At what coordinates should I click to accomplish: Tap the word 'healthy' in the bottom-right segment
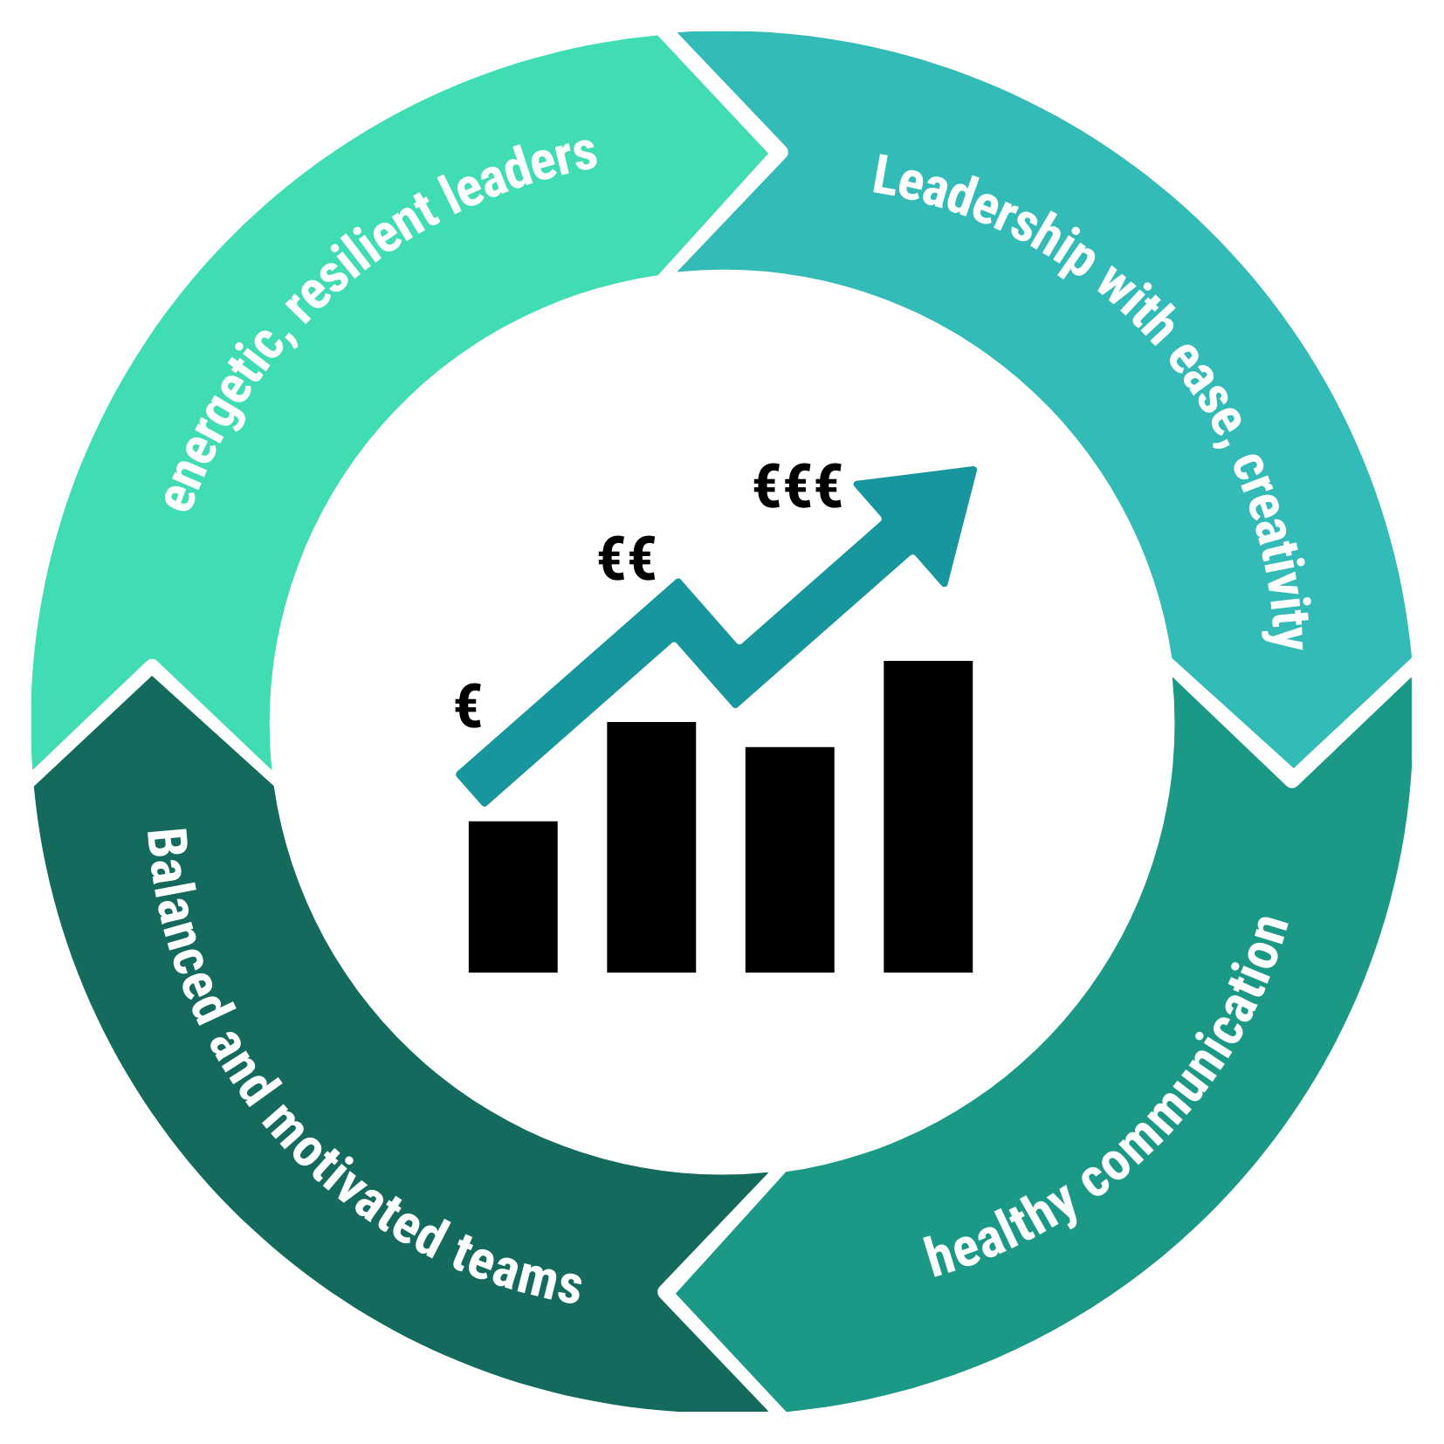1000,1231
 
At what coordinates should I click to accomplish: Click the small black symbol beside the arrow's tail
468,709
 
